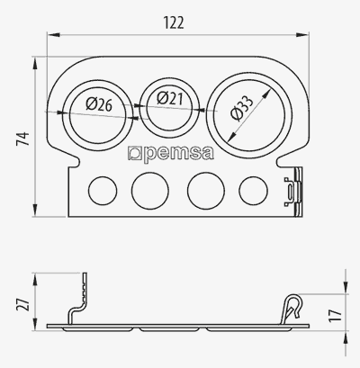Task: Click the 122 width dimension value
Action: coord(174,22)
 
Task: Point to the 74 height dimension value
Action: coord(22,139)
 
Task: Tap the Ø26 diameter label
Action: coord(99,104)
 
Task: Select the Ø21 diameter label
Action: coord(170,98)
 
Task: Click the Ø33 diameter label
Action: coord(242,108)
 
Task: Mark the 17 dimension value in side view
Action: coord(336,316)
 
